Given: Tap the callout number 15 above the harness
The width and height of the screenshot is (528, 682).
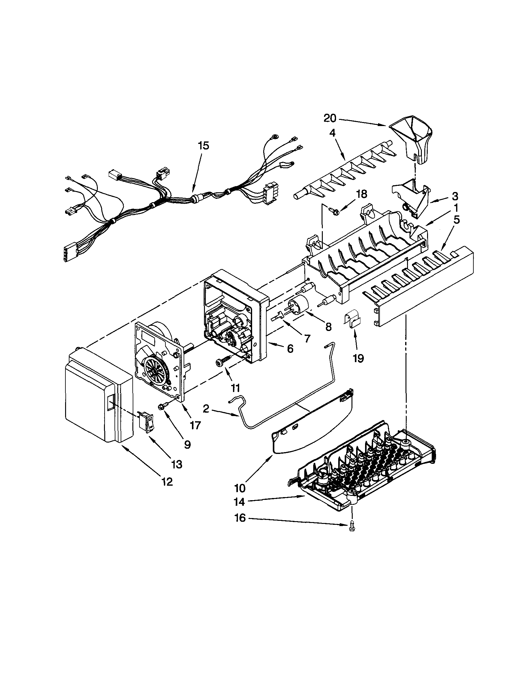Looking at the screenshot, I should (x=203, y=146).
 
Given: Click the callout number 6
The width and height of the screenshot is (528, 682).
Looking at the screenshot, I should (x=290, y=349).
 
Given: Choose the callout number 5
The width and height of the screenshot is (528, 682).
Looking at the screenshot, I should (x=456, y=220).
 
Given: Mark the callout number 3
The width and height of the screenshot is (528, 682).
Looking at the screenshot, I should (x=455, y=196).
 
